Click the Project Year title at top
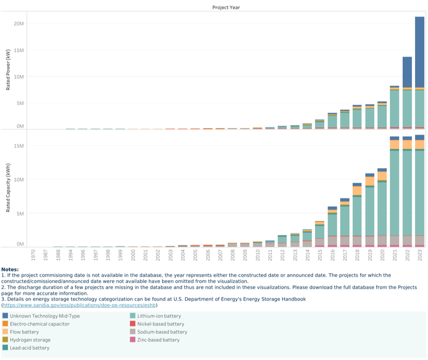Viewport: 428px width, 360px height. click(x=226, y=8)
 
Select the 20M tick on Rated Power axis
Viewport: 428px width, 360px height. click(x=18, y=23)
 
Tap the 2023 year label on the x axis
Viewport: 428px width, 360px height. click(x=420, y=255)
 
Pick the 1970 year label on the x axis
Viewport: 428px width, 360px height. click(x=34, y=255)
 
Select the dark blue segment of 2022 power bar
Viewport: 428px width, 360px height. click(x=407, y=72)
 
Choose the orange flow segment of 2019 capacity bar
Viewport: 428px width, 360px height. click(x=370, y=181)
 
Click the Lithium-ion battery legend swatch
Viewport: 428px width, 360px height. click(x=132, y=316)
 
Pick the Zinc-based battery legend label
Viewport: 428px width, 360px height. click(x=158, y=340)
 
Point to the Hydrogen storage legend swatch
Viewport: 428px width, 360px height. click(x=5, y=340)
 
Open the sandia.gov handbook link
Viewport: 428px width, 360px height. click(x=80, y=305)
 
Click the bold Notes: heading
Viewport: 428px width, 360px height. click(x=10, y=269)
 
